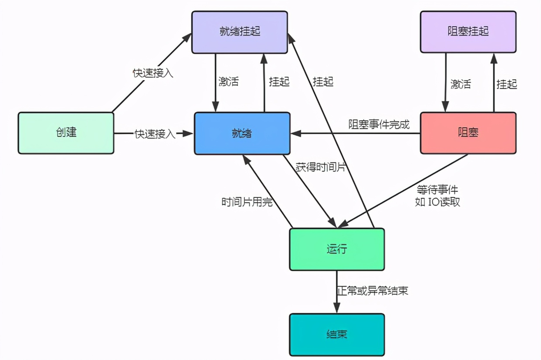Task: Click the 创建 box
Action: (x=66, y=133)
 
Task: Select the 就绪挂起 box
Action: (x=239, y=32)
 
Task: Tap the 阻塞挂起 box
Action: (x=468, y=32)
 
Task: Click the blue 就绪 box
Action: (x=242, y=133)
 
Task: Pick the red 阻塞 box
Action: (x=468, y=133)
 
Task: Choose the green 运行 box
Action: (x=337, y=249)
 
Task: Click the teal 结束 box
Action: (x=337, y=334)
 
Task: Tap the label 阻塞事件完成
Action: (x=379, y=124)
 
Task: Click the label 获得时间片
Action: (x=321, y=167)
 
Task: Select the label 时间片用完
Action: (x=247, y=202)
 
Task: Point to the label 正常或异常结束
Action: (x=372, y=291)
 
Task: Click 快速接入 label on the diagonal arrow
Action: (x=153, y=73)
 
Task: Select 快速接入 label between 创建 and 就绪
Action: (x=155, y=134)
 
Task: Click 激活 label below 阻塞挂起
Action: (x=460, y=84)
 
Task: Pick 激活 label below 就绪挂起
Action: (x=228, y=82)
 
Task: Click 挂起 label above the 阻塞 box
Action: (x=506, y=84)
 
